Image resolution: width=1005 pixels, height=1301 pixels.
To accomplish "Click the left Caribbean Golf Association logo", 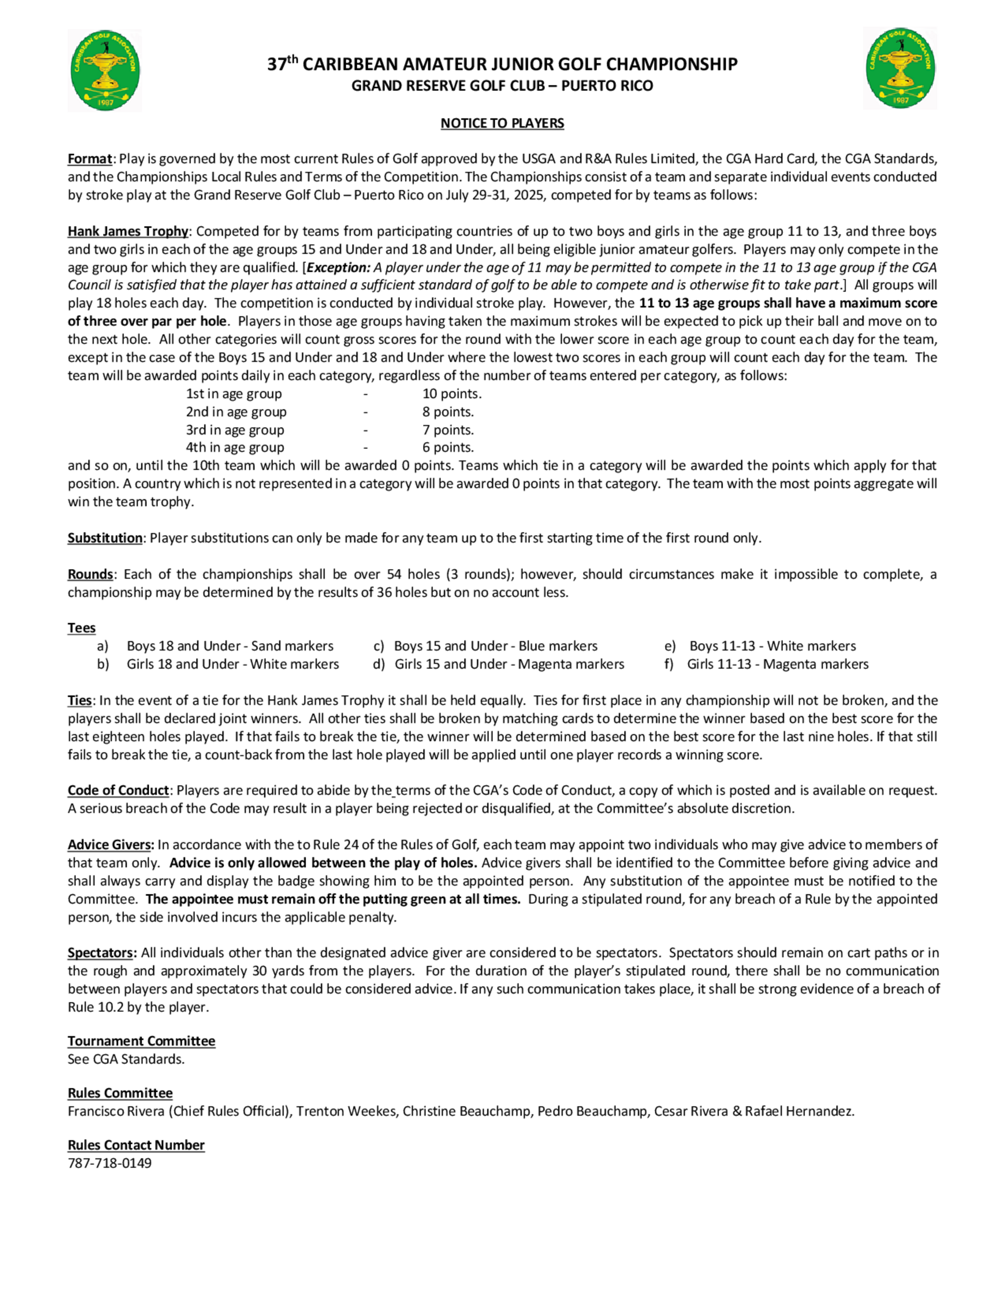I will [x=105, y=70].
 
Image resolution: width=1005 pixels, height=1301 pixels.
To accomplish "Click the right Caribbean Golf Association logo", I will [x=899, y=68].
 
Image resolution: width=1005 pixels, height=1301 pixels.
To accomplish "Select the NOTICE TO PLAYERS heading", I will [x=502, y=123].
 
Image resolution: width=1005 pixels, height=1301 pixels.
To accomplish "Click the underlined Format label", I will [x=89, y=159].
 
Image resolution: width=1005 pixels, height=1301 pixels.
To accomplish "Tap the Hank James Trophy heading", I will [x=128, y=231].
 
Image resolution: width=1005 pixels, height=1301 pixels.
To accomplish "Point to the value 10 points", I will [x=452, y=394].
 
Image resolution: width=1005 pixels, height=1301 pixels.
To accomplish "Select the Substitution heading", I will [x=105, y=538].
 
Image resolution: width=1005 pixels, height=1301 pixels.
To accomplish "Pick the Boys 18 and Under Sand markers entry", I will [x=230, y=646].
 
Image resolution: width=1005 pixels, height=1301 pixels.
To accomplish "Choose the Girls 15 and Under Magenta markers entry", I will [x=509, y=664].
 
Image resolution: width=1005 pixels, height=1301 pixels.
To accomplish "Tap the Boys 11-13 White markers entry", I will [x=772, y=646].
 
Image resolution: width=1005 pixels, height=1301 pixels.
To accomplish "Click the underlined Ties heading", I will [x=79, y=701].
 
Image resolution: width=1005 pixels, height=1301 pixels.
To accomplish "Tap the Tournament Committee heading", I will [x=141, y=1041].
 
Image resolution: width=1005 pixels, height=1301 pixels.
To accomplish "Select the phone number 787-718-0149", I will [x=110, y=1163].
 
